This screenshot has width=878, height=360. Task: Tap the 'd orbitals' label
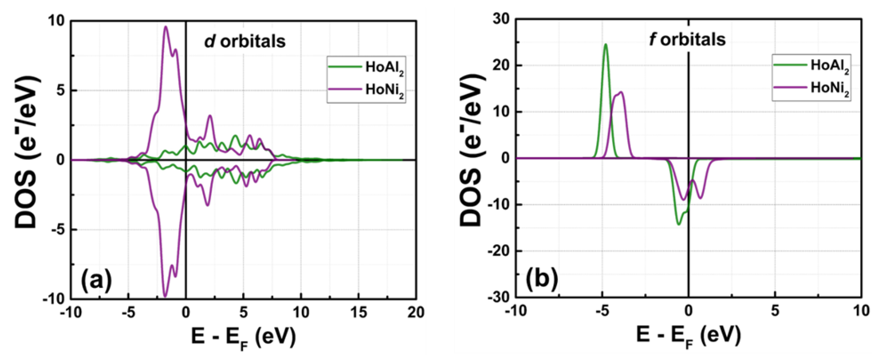tap(245, 41)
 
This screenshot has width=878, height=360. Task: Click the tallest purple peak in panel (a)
tap(166, 27)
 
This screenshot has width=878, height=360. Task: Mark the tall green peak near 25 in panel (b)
tap(606, 44)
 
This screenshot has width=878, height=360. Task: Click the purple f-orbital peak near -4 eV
tap(621, 92)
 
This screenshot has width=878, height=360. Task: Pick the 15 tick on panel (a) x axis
tap(359, 312)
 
